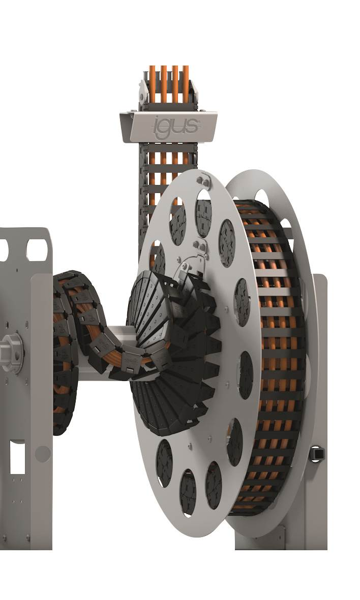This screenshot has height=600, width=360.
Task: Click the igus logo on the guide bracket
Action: tap(175, 125)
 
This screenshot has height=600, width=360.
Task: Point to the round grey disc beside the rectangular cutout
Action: tap(42, 453)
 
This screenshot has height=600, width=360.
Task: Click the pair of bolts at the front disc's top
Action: tap(205, 180)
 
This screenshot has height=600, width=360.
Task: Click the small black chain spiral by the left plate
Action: tap(66, 351)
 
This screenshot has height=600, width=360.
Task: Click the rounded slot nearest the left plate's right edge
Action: tap(37, 250)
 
